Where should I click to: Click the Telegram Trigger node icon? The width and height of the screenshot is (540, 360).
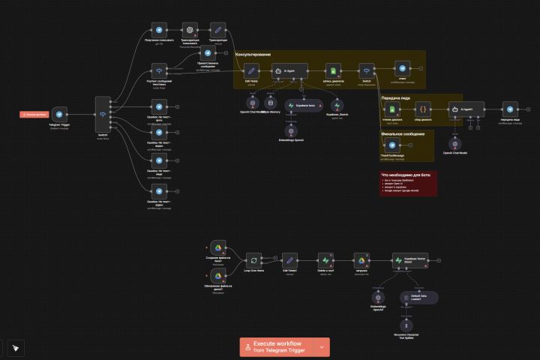coord(59,114)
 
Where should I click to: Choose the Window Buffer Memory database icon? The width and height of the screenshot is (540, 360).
coord(271,103)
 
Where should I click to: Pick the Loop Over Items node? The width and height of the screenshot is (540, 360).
coord(255,260)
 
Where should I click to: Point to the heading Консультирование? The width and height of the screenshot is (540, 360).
coord(253,55)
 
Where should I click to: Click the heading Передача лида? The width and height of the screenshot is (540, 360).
coord(395,98)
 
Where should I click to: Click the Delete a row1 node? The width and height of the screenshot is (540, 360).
coord(324,259)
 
